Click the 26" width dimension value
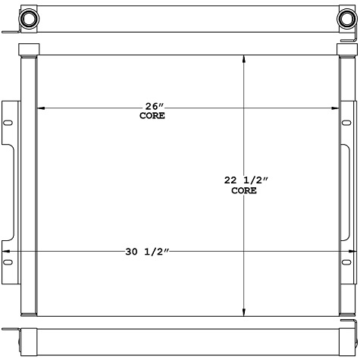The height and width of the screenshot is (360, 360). [152, 106]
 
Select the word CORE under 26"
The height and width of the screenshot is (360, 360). [152, 116]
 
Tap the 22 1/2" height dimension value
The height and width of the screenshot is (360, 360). [247, 180]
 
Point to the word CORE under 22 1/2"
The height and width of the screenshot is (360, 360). [244, 191]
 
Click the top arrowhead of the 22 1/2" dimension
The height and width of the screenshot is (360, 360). [243, 58]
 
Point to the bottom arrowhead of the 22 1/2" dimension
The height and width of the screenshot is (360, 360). [243, 312]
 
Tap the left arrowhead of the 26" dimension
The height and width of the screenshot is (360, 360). [41, 108]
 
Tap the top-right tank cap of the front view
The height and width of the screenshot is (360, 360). [346, 49]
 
